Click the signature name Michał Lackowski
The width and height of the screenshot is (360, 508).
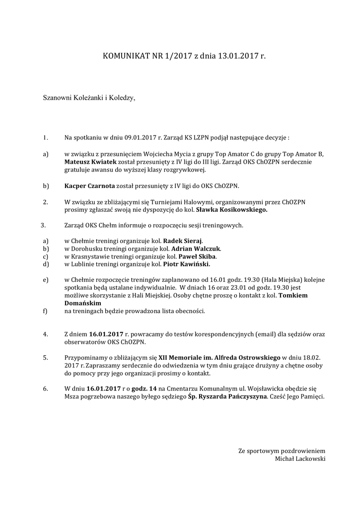[x=300, y=459]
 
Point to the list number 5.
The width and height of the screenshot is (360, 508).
[x=45, y=357]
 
